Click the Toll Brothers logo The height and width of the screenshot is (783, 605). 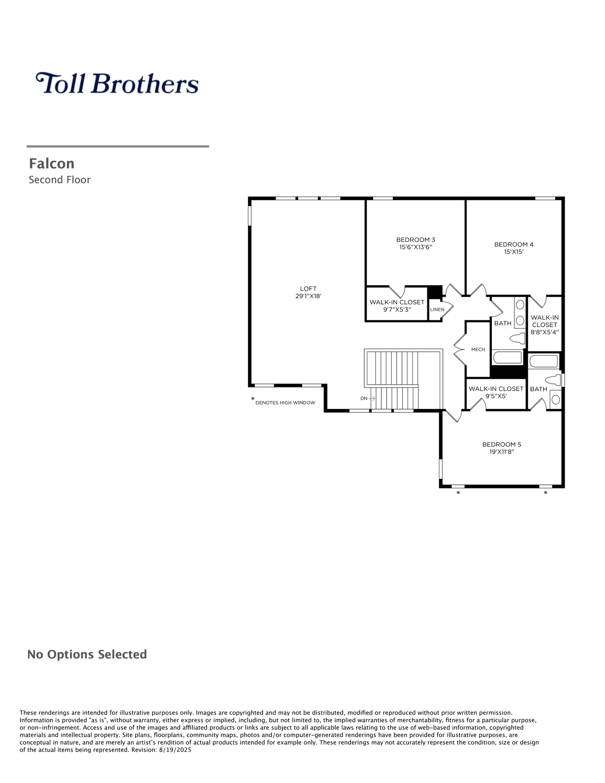(x=117, y=83)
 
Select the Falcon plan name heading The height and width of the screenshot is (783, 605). (x=52, y=164)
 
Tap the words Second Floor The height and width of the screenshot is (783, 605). (x=60, y=180)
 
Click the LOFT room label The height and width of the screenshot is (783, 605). (x=308, y=289)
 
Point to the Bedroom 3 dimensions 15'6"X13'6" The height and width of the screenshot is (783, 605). (x=416, y=247)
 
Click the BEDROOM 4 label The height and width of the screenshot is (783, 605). (x=514, y=244)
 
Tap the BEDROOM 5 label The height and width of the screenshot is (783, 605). (x=501, y=444)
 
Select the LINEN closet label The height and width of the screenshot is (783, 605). (x=437, y=309)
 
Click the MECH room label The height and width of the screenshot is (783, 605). (x=478, y=349)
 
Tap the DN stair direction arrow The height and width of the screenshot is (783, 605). (x=371, y=398)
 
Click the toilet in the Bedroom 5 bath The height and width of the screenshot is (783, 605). (x=553, y=380)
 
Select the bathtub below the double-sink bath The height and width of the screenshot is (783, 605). (x=508, y=358)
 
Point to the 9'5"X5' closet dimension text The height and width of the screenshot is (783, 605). (x=496, y=396)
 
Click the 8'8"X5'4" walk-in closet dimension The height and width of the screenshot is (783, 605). (x=545, y=332)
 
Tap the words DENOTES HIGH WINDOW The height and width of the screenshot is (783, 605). (x=285, y=403)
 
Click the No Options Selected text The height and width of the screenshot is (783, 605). (x=87, y=655)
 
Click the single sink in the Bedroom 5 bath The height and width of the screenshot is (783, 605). (x=556, y=400)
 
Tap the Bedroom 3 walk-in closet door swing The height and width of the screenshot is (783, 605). (x=397, y=291)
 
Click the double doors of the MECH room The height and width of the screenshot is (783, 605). (x=460, y=349)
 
